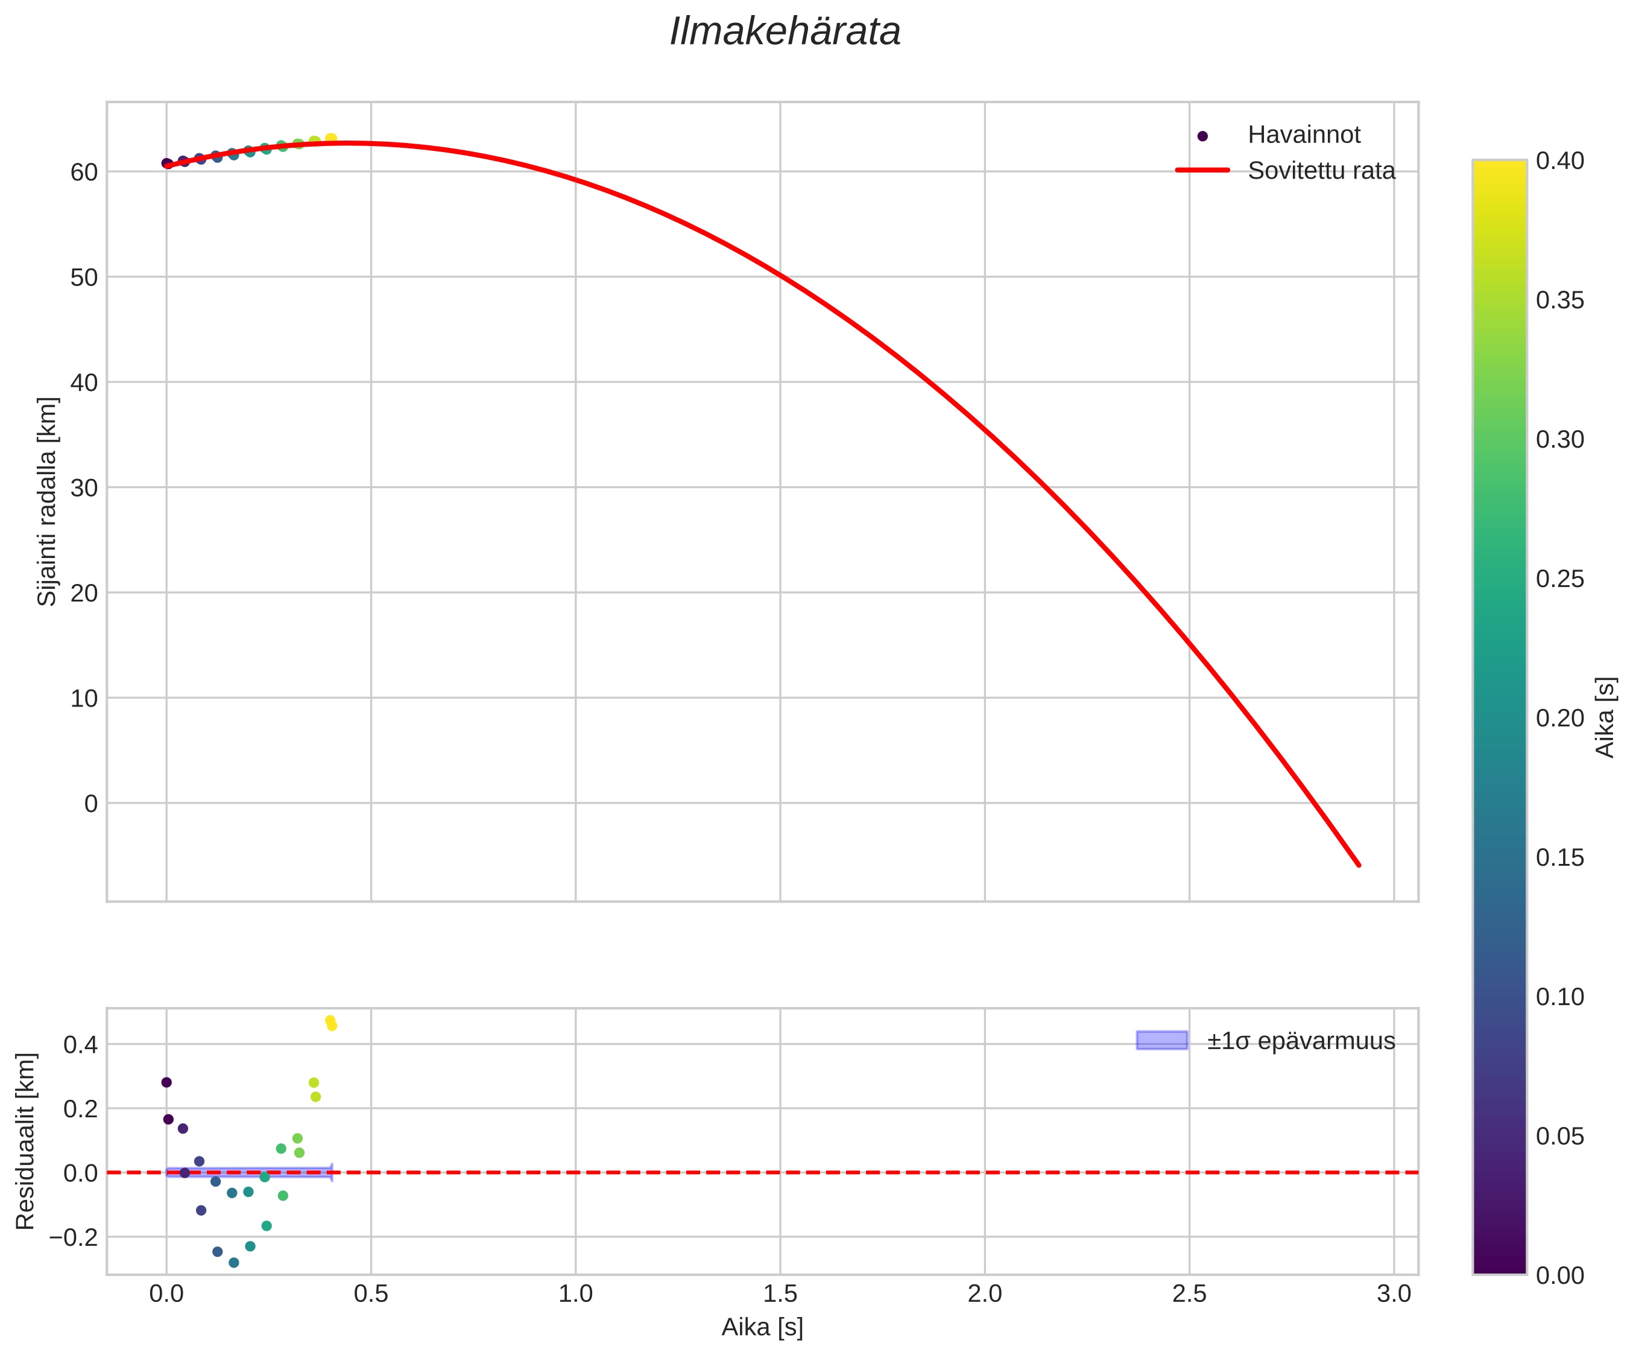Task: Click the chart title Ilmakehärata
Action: (785, 33)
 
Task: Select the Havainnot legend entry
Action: (1303, 135)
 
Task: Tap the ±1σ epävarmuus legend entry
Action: (1300, 1041)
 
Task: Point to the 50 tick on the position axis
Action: (84, 278)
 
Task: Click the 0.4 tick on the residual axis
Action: (81, 1045)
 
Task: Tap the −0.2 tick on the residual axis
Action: (75, 1237)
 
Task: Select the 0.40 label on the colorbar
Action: (1559, 161)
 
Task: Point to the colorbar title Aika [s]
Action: (1605, 717)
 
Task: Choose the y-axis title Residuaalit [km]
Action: (26, 1141)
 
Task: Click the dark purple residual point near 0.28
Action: (166, 1082)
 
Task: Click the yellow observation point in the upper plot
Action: (330, 138)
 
